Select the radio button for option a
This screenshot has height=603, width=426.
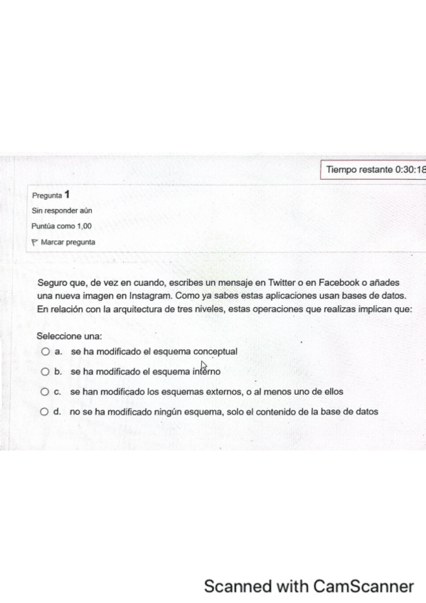tap(46, 351)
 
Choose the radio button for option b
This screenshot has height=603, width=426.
tap(46, 371)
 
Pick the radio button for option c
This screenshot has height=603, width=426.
tap(46, 392)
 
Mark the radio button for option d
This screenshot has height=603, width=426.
tap(46, 412)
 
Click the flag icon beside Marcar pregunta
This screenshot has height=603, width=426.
tap(34, 242)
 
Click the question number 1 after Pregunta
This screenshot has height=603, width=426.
tap(67, 194)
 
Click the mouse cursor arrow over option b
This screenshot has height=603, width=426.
tap(204, 366)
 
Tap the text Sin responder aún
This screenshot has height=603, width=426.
tap(62, 210)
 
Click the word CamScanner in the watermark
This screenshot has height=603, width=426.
tap(363, 587)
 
